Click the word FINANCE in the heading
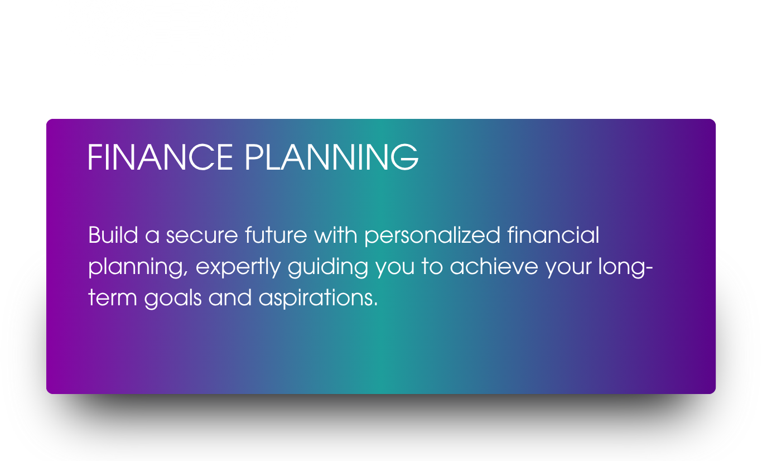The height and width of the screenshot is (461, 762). [x=160, y=157]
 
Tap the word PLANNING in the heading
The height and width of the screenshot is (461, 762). [x=332, y=157]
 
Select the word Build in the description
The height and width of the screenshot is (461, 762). [x=113, y=235]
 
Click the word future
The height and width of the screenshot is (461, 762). [x=276, y=235]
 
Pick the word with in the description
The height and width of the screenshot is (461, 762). [x=336, y=235]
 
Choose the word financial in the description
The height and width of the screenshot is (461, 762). [x=553, y=235]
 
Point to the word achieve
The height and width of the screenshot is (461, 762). [x=494, y=266]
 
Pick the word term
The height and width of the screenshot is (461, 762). [x=113, y=298]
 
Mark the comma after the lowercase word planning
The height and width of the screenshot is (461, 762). [x=186, y=273]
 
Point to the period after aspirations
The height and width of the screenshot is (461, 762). [x=375, y=305]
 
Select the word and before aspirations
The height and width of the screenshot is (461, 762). [x=230, y=297]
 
